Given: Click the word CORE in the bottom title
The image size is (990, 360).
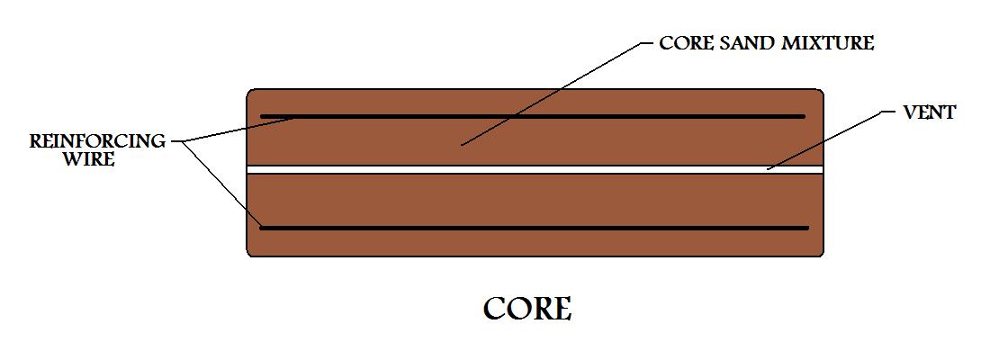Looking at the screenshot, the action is [527, 309].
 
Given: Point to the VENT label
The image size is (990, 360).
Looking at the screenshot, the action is [930, 113].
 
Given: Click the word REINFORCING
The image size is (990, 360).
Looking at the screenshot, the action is [97, 141].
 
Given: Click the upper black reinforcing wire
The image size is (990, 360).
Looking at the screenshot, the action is [533, 116].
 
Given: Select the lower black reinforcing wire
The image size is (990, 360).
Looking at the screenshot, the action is [534, 228].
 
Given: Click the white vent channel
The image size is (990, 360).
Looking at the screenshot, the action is [535, 169].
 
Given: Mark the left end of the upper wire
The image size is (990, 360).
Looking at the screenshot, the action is [262, 116].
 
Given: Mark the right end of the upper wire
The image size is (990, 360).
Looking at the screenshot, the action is [805, 116].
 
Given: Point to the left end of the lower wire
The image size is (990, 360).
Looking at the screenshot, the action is [262, 228].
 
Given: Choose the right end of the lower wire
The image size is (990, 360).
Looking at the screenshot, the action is [807, 228].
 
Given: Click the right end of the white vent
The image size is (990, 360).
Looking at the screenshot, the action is [822, 169].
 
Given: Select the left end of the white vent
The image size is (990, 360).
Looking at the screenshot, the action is [248, 169].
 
